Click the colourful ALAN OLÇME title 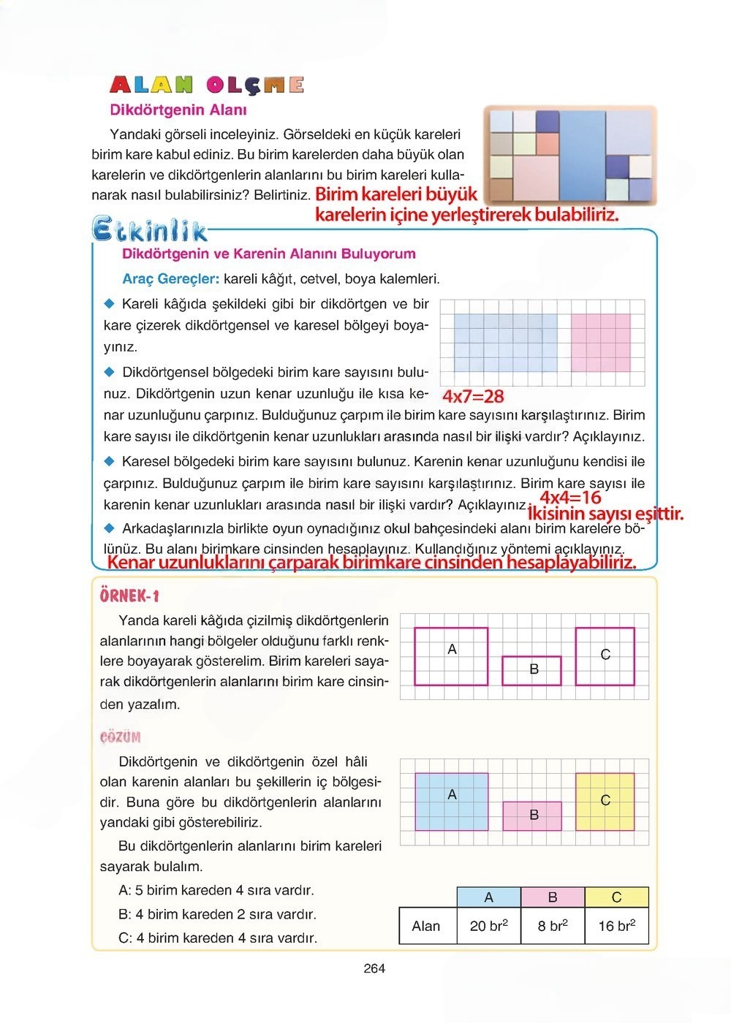pyautogui.click(x=207, y=85)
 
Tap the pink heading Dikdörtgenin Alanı pyautogui.click(x=178, y=110)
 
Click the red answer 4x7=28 pyautogui.click(x=474, y=397)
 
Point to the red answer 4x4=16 pyautogui.click(x=570, y=498)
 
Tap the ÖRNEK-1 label pyautogui.click(x=129, y=596)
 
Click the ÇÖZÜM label pyautogui.click(x=121, y=737)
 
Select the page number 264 pyautogui.click(x=374, y=969)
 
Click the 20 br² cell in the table pyautogui.click(x=488, y=926)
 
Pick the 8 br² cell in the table pyautogui.click(x=553, y=926)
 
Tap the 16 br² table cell pyautogui.click(x=616, y=926)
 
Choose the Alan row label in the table pyautogui.click(x=426, y=926)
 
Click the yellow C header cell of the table pyautogui.click(x=616, y=897)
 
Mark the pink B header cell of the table pyautogui.click(x=553, y=897)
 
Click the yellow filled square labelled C pyautogui.click(x=605, y=802)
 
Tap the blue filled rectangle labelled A pyautogui.click(x=451, y=802)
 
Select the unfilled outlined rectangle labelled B pyautogui.click(x=532, y=670)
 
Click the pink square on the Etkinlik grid pyautogui.click(x=600, y=343)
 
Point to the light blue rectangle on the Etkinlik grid pyautogui.click(x=505, y=343)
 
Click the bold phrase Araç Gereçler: pyautogui.click(x=171, y=279)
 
